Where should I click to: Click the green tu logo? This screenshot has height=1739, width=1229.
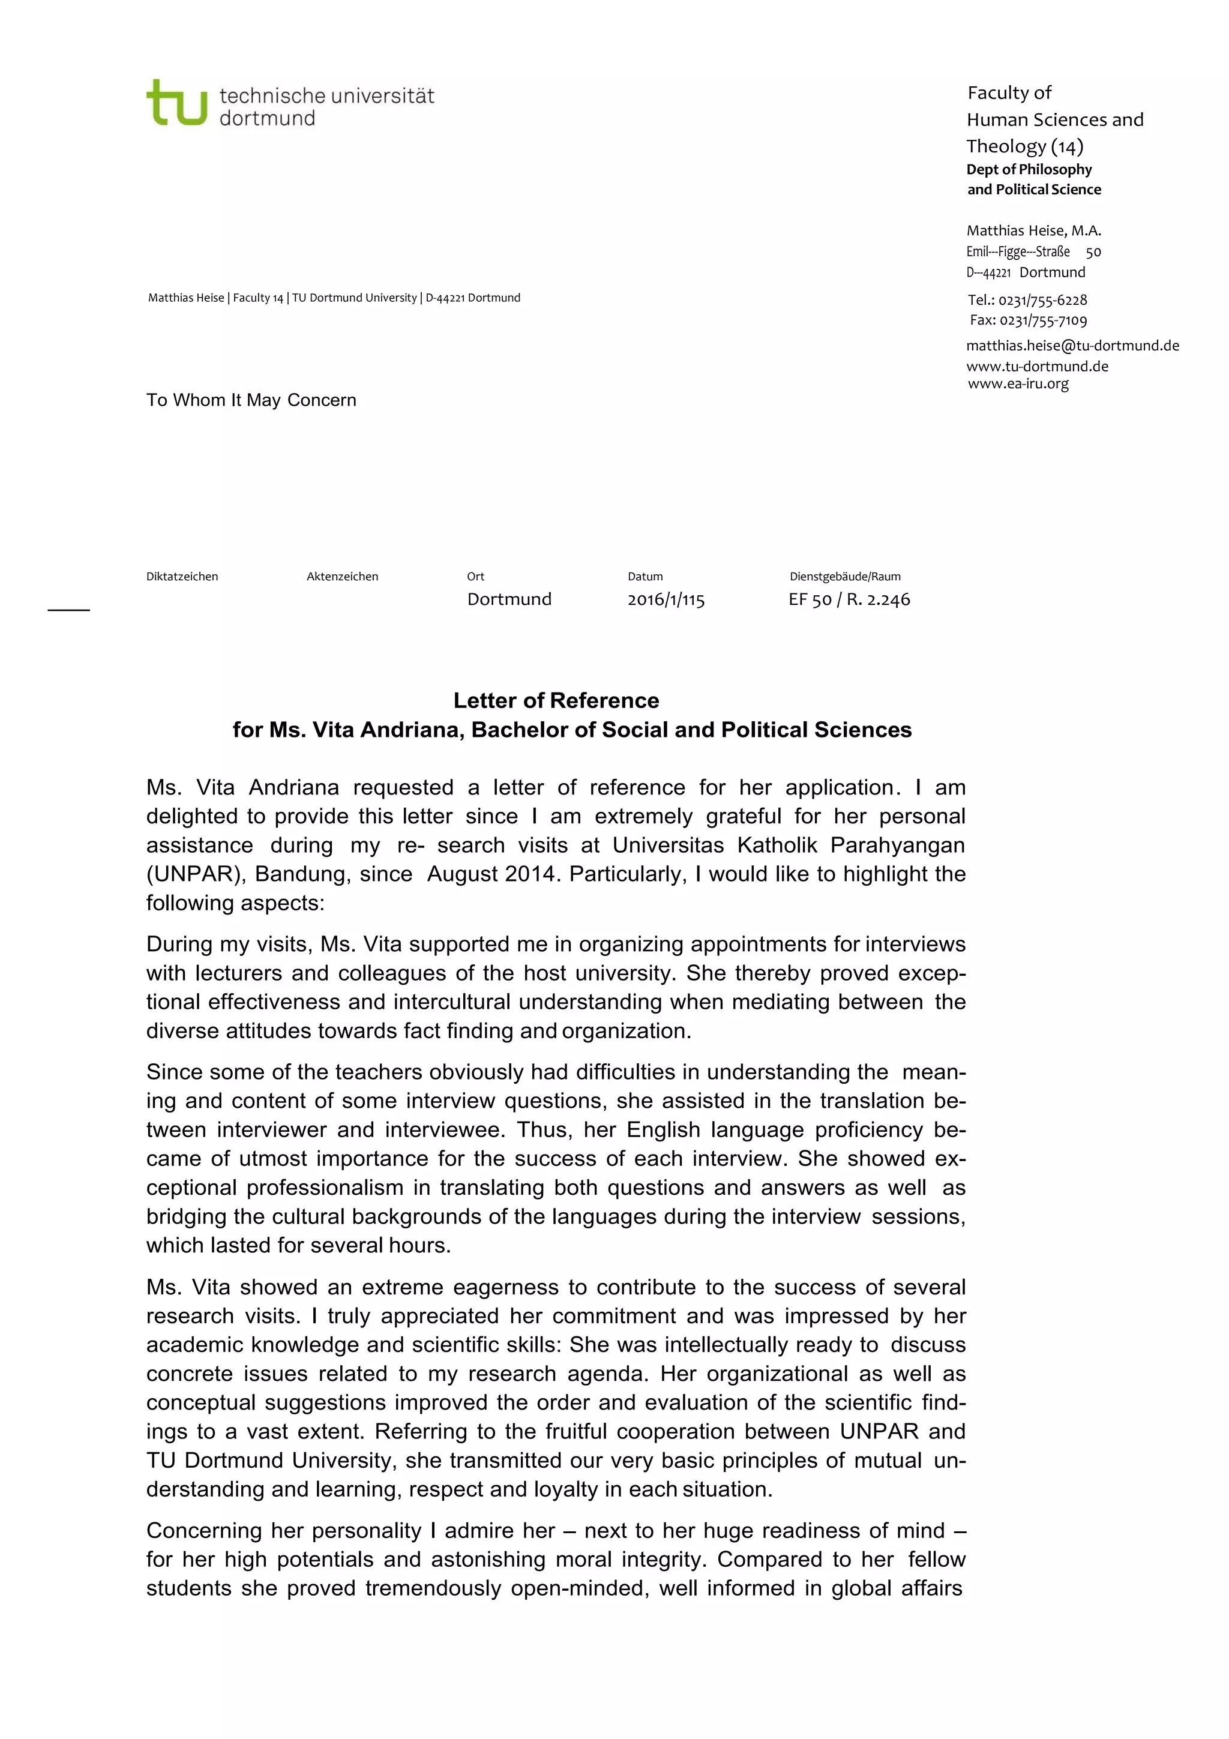tap(176, 103)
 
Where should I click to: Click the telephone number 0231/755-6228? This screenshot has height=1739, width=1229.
tap(1042, 300)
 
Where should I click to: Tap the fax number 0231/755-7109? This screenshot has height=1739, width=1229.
tap(1043, 320)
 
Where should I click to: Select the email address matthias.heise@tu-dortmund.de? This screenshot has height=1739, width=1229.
tap(1072, 346)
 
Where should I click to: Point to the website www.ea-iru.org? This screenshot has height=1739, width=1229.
tap(1018, 383)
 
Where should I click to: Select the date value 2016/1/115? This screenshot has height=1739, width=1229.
tap(666, 600)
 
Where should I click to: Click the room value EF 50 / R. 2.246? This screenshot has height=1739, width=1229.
tap(849, 600)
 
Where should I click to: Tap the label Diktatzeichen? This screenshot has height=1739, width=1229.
tap(182, 577)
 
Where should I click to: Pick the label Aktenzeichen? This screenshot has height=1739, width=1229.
tap(342, 577)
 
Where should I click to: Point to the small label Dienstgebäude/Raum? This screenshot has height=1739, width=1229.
tap(844, 577)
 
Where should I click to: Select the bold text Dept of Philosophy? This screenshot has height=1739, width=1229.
tap(1029, 170)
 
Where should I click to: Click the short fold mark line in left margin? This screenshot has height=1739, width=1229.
tap(69, 609)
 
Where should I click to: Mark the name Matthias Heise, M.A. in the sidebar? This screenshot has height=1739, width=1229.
tap(1033, 230)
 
